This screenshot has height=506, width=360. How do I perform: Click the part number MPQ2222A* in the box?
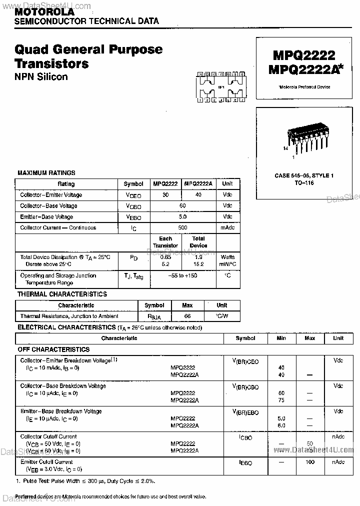click(306, 69)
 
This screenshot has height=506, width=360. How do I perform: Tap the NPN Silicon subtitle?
click(41, 77)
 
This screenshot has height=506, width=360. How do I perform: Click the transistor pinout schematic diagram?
click(220, 87)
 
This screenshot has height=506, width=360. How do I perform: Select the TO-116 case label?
click(304, 183)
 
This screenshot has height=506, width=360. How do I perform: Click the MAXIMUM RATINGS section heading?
click(46, 173)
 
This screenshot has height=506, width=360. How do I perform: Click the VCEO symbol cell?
click(133, 195)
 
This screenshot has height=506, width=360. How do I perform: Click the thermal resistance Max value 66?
click(188, 316)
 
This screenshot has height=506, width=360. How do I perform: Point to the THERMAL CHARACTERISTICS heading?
click(62, 294)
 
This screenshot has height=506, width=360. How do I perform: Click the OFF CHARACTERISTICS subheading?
click(54, 349)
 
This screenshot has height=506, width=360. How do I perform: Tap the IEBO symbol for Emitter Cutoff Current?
click(245, 463)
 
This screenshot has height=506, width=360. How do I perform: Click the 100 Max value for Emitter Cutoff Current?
click(309, 462)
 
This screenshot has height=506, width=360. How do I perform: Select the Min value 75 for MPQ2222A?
click(281, 400)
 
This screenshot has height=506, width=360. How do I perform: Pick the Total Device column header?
click(198, 242)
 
